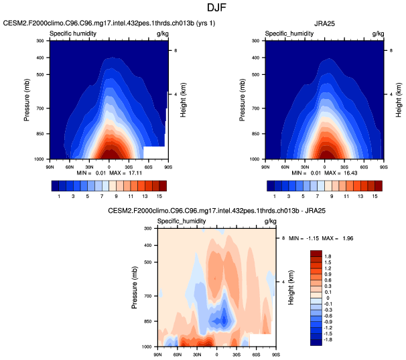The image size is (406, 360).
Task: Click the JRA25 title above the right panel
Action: click(x=324, y=23)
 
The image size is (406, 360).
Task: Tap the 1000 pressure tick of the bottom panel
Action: click(x=147, y=347)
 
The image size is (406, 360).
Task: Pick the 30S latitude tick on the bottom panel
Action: click(x=236, y=353)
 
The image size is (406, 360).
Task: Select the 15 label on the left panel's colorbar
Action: click(x=160, y=196)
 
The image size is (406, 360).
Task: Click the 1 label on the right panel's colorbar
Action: click(x=274, y=196)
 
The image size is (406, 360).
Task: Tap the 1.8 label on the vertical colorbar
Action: click(x=328, y=256)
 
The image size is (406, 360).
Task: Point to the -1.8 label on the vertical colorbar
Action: click(x=328, y=340)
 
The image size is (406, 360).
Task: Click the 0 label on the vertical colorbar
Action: click(x=328, y=298)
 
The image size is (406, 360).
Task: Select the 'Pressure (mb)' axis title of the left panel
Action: click(x=27, y=100)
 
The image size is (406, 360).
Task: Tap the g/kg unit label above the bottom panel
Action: click(x=270, y=221)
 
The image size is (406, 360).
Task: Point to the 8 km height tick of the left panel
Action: click(x=176, y=50)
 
